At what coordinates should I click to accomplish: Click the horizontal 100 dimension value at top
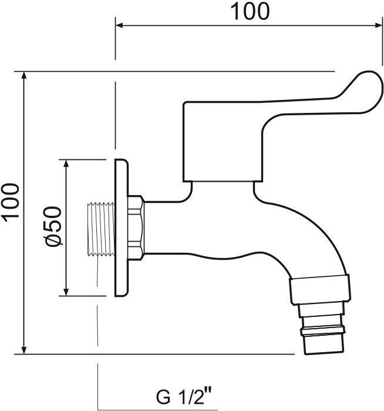tap(250, 11)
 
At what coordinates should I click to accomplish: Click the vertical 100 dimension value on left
tap(11, 202)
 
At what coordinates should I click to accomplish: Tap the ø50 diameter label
tap(53, 226)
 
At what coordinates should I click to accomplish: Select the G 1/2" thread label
tap(184, 397)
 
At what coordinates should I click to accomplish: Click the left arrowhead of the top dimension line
tap(119, 25)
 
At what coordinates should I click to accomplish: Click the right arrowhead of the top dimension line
tap(379, 25)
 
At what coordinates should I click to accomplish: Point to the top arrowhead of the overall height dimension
tap(24, 75)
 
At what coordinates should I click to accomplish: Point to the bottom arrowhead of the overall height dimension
tap(24, 350)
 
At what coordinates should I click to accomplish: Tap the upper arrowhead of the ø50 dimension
tap(66, 163)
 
